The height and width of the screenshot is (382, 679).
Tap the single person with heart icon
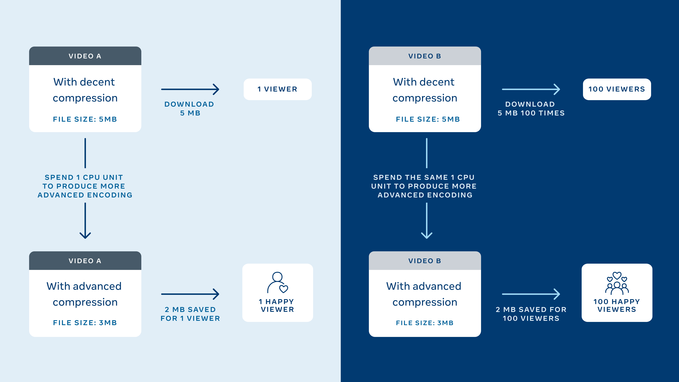pyautogui.click(x=278, y=283)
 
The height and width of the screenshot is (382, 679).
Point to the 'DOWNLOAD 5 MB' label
pyautogui.click(x=189, y=108)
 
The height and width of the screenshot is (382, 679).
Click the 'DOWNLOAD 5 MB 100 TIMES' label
pyautogui.click(x=531, y=108)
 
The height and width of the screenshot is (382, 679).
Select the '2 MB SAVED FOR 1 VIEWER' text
pyautogui.click(x=190, y=314)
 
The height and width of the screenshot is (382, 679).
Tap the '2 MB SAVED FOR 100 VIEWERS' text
pyautogui.click(x=531, y=314)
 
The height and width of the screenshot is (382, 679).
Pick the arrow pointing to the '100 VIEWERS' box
pyautogui.click(x=531, y=89)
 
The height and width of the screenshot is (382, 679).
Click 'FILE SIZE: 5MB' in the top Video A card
pyautogui.click(x=85, y=119)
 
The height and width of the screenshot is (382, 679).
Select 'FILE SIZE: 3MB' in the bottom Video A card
pyautogui.click(x=85, y=323)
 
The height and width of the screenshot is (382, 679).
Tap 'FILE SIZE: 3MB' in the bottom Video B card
pyautogui.click(x=425, y=323)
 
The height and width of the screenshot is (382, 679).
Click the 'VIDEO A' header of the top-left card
pyautogui.click(x=85, y=56)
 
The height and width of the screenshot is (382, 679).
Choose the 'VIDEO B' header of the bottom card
pyautogui.click(x=425, y=261)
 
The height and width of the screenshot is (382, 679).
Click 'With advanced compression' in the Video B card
pyautogui.click(x=424, y=294)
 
